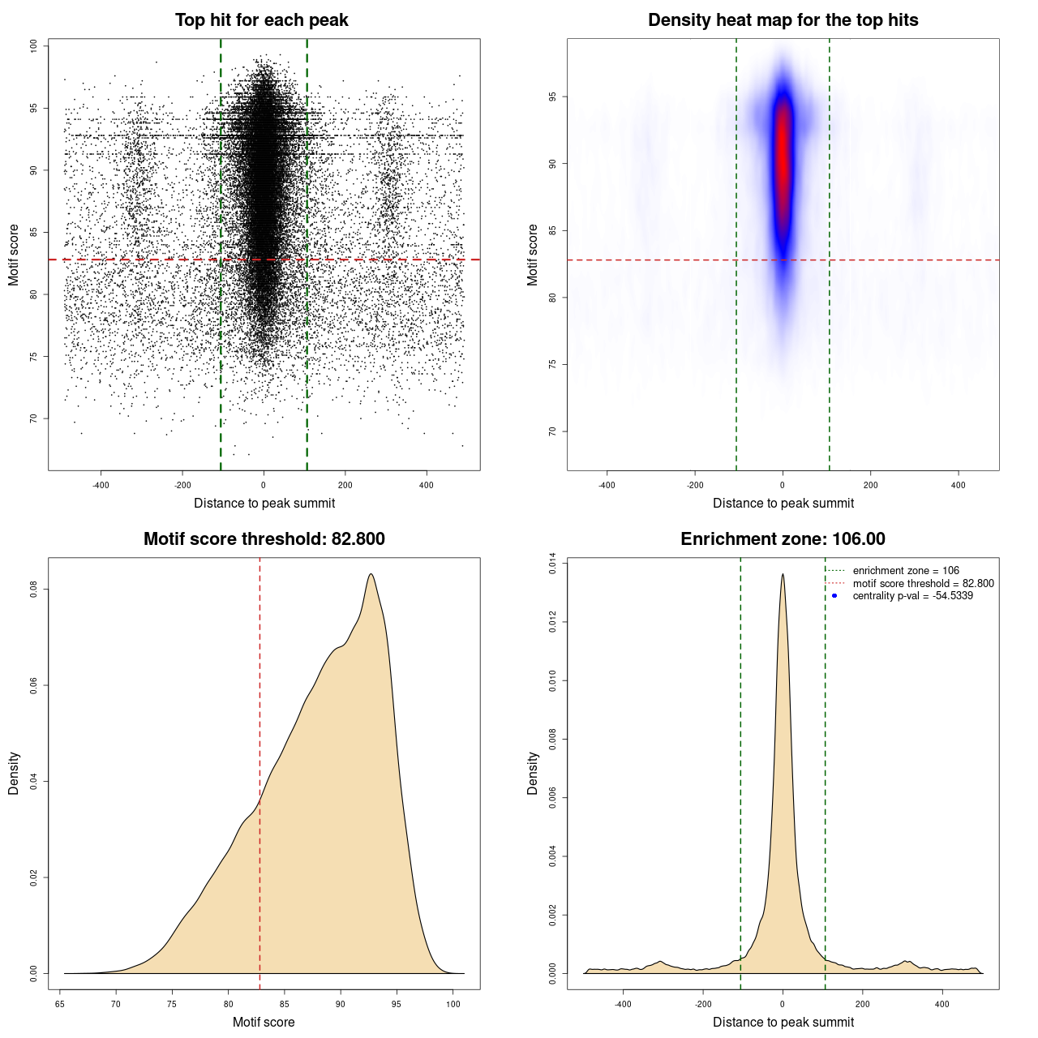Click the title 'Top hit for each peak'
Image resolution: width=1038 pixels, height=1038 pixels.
pos(261,20)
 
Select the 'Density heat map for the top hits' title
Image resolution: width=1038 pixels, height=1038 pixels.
pos(783,20)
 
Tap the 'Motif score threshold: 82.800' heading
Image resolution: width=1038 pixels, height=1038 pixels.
pos(264,539)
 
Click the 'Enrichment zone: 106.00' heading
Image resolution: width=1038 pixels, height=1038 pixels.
pos(783,539)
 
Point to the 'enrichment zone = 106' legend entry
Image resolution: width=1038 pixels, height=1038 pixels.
pos(906,571)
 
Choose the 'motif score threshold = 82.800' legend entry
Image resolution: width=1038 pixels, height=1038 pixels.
pos(923,584)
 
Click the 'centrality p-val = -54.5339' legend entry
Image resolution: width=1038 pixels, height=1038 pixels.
pos(912,596)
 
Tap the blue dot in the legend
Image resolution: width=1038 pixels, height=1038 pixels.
pos(834,596)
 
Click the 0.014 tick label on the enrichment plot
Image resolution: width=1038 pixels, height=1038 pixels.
pos(553,564)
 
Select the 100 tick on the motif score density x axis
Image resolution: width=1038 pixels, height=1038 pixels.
pos(453,1004)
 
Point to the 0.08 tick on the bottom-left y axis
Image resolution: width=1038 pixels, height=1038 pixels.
pos(34,590)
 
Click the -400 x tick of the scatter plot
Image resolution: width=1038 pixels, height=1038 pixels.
pos(101,485)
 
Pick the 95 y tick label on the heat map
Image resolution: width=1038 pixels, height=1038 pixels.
pos(553,97)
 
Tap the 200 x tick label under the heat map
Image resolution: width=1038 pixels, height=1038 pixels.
pos(870,485)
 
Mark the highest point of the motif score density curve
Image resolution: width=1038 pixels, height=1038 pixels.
pos(371,574)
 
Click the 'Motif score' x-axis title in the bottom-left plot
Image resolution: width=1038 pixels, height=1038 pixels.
pos(264,1022)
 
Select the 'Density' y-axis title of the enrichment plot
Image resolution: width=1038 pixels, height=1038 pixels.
pos(533,773)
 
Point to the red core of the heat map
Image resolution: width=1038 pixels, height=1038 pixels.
pos(782,162)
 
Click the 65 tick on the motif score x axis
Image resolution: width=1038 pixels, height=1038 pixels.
pos(60,1004)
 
